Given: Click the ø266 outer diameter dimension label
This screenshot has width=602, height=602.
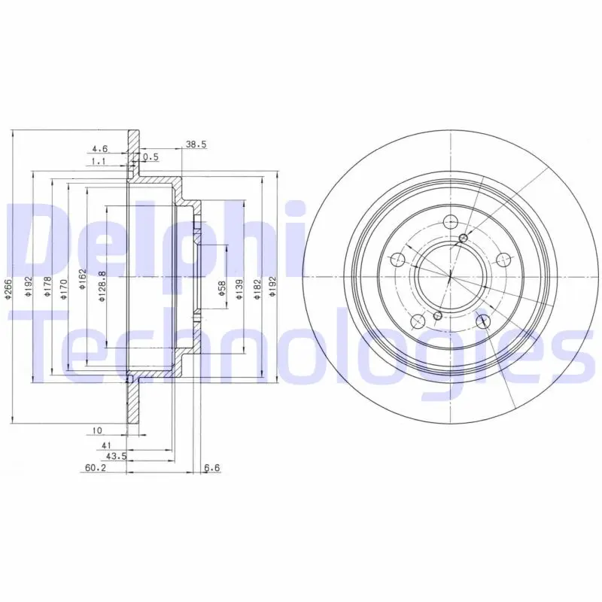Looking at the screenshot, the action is [x=8, y=288].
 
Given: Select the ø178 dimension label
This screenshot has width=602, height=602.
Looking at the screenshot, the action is [x=47, y=287].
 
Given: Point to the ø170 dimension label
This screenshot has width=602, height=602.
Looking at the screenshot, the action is [x=64, y=289].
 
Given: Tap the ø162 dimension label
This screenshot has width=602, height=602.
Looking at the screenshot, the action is [x=82, y=279].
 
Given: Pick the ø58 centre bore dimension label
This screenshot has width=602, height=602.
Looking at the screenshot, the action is [x=221, y=288].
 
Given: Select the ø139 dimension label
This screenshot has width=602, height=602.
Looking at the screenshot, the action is [x=239, y=289].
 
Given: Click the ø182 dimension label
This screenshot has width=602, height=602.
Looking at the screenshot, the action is [x=257, y=289].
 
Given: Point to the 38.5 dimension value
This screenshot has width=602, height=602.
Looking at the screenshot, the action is [x=196, y=144].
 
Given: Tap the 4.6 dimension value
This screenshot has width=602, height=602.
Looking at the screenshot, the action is [x=100, y=148].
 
